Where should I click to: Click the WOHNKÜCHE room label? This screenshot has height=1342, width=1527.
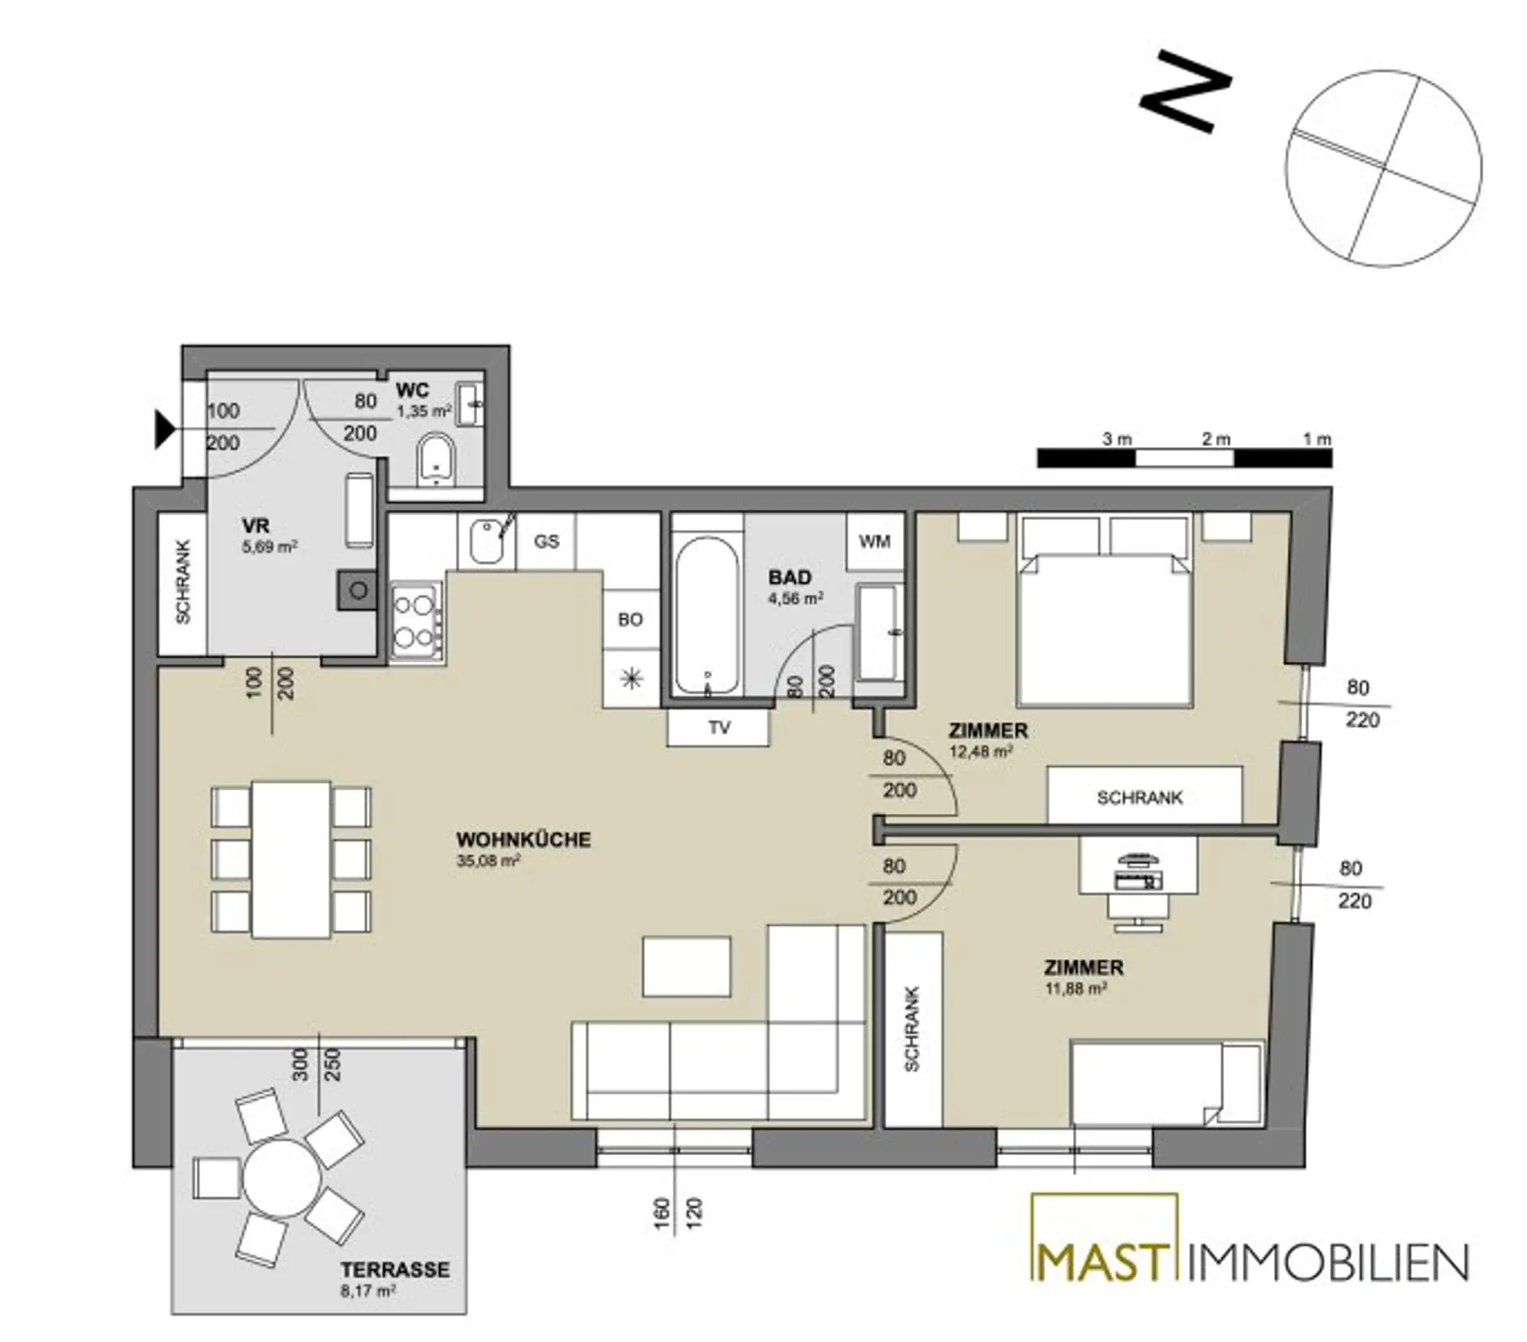(523, 840)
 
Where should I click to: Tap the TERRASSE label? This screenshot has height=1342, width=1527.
(395, 1269)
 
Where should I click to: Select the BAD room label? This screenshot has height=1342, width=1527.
(790, 578)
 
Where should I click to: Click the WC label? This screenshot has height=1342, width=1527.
(413, 390)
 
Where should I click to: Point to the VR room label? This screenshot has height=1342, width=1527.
(256, 526)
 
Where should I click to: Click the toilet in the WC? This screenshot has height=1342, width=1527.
(436, 459)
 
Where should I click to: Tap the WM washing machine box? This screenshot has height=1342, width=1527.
(875, 542)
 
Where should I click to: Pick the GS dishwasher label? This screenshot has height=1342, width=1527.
(546, 542)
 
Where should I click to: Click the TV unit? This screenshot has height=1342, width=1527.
(719, 727)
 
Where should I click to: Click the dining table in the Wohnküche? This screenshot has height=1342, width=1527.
(291, 859)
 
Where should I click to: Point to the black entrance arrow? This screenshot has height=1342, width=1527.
(165, 430)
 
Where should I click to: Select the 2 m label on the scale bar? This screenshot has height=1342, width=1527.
(1215, 439)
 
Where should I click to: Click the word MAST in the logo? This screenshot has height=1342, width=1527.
(1103, 1262)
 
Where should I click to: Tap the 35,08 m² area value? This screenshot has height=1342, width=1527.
(488, 860)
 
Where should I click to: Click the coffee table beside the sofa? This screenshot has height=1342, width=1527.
(686, 967)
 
